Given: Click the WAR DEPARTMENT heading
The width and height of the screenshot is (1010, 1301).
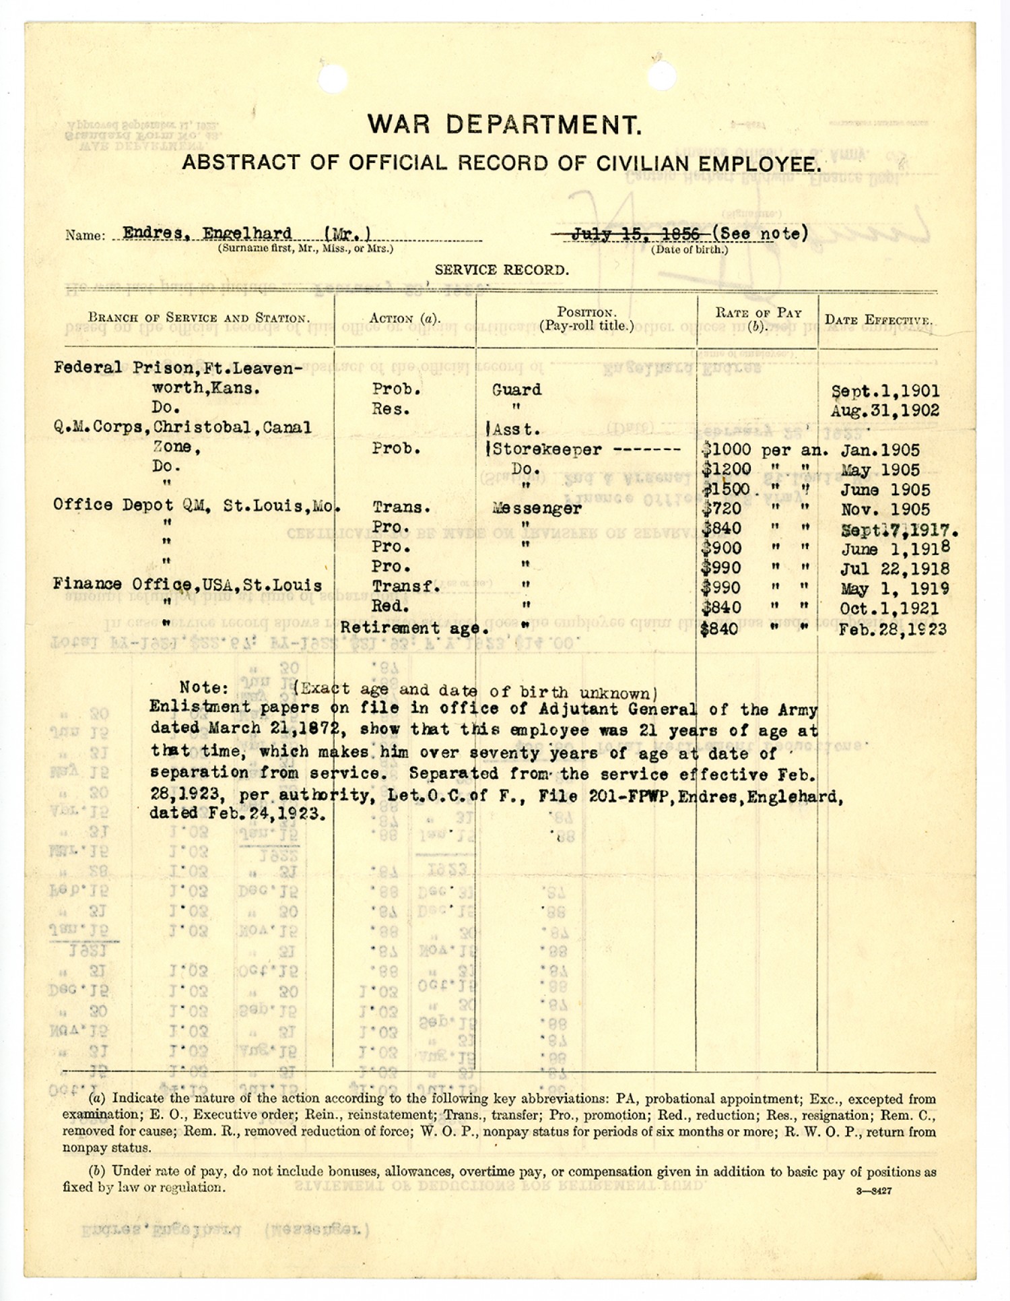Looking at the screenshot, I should (x=504, y=125).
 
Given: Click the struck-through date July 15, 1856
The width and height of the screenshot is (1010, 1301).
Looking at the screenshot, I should (x=635, y=234).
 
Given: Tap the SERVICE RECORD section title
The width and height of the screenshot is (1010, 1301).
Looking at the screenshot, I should (x=502, y=271).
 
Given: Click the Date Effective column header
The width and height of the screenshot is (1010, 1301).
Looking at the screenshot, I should (x=878, y=320).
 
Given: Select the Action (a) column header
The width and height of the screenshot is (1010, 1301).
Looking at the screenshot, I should (x=405, y=319).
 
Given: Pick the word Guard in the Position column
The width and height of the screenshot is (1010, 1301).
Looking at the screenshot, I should (x=517, y=390).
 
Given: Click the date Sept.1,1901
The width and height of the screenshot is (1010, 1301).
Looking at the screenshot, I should (x=885, y=391).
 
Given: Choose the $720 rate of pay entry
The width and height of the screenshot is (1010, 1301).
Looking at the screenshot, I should (x=721, y=509).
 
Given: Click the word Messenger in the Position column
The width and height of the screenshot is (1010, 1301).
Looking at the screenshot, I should (x=537, y=509).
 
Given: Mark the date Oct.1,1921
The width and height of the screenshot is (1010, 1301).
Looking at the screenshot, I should (x=889, y=608).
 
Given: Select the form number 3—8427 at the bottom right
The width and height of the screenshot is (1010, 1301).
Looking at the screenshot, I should (x=874, y=1191).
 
